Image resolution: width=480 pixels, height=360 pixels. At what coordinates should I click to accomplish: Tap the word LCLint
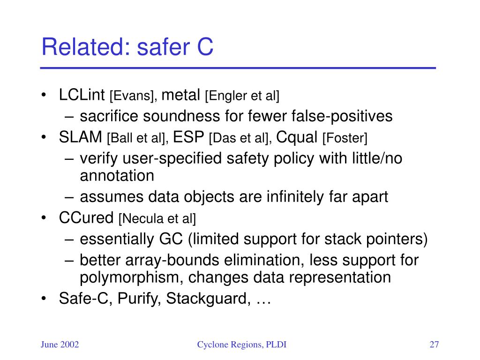click(82, 95)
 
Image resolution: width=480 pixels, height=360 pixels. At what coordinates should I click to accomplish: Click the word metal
click(180, 95)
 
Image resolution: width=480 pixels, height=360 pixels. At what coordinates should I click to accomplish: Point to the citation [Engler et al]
click(242, 96)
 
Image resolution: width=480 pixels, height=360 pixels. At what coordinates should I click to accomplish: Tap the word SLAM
click(81, 137)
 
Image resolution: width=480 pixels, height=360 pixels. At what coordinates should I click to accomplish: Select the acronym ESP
click(188, 137)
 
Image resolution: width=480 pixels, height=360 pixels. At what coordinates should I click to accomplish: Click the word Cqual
click(297, 137)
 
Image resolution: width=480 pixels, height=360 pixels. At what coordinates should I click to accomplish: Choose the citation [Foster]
click(345, 138)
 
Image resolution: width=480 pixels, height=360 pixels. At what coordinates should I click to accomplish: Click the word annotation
click(117, 176)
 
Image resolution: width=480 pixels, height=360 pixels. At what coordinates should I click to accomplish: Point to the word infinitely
click(295, 197)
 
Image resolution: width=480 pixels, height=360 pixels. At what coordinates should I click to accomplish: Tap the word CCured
click(86, 217)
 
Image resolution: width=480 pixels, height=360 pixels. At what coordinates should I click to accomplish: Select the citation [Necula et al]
click(157, 218)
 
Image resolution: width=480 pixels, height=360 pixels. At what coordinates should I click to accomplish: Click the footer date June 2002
click(60, 345)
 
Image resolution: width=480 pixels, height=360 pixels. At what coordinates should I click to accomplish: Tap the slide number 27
click(434, 345)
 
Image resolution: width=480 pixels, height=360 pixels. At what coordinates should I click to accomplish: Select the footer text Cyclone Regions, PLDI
click(242, 345)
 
